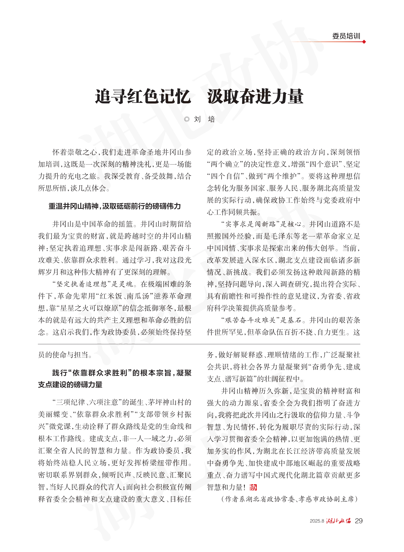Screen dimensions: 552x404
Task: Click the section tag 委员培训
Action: click(x=346, y=36)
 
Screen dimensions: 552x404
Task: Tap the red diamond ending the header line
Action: click(x=364, y=42)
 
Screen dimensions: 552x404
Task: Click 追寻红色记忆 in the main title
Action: click(x=143, y=97)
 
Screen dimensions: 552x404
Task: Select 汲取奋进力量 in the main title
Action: click(x=255, y=97)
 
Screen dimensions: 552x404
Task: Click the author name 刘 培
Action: click(x=204, y=119)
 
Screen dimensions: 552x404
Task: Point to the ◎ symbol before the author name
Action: click(x=187, y=119)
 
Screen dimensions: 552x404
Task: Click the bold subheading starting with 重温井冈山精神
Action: click(x=114, y=206)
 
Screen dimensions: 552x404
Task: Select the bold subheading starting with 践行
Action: click(x=115, y=379)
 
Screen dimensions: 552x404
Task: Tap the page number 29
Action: click(x=359, y=521)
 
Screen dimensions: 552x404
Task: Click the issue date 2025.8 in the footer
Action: click(x=317, y=521)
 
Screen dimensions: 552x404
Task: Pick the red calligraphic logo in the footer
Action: click(x=339, y=521)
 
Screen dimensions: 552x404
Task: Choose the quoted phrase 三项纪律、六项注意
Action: click(x=87, y=403)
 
